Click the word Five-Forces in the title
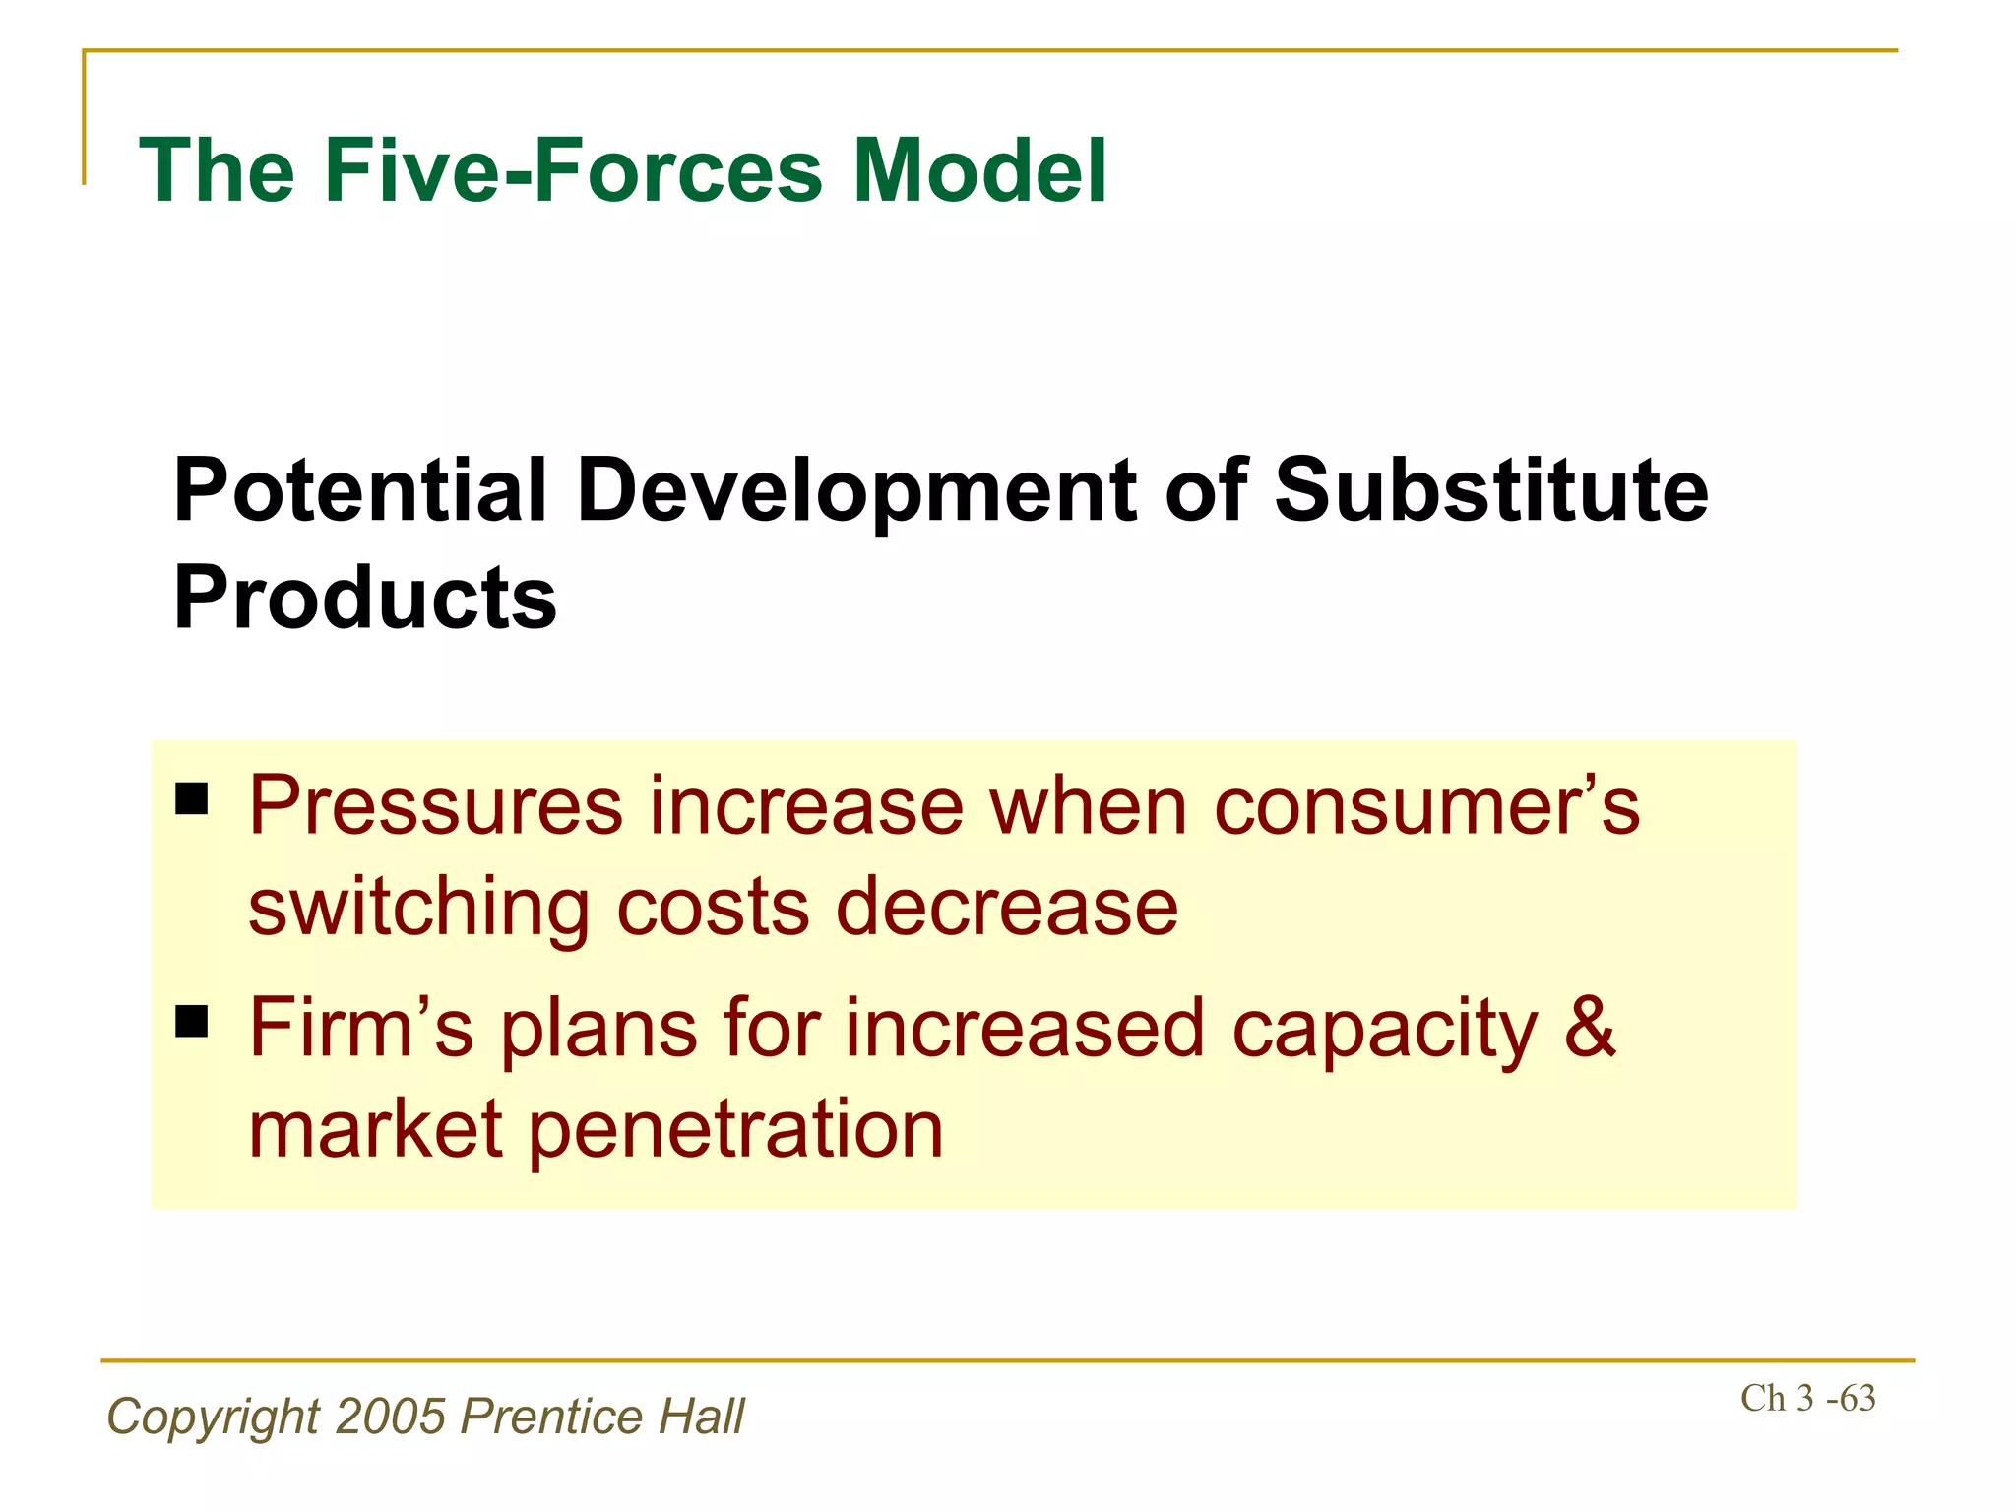coord(574,170)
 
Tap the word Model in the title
coord(979,170)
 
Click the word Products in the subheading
coord(364,598)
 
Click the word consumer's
coord(1426,807)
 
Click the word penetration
coord(736,1130)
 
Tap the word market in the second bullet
coord(375,1130)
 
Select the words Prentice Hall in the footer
coord(602,1417)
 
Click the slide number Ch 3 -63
coord(1807,1399)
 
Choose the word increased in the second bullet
coord(1024,1029)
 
